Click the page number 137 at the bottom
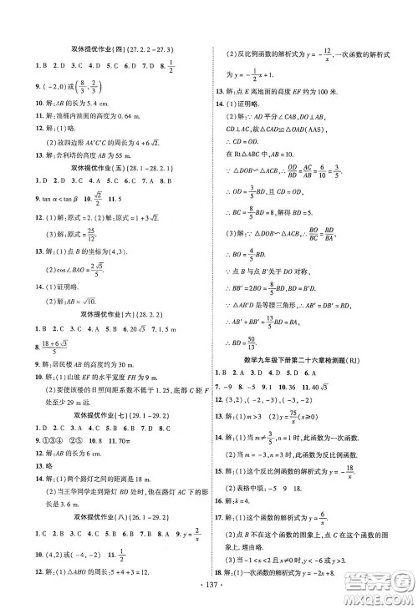pos(207,599)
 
